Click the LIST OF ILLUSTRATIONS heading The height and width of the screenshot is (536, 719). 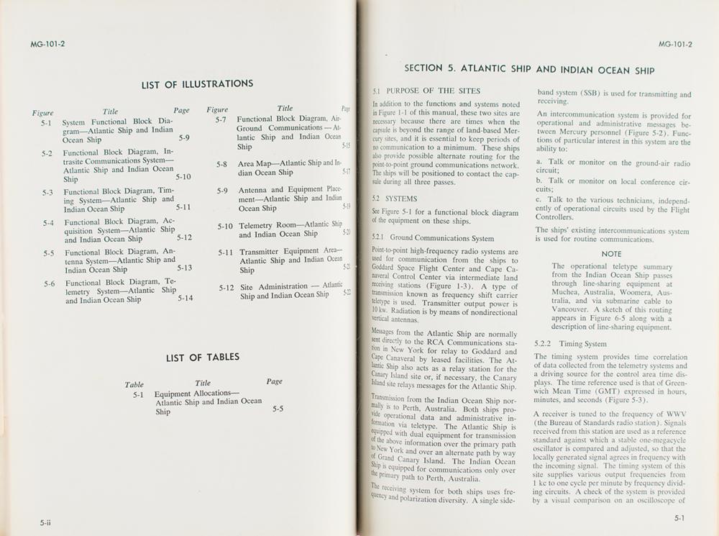pyautogui.click(x=197, y=84)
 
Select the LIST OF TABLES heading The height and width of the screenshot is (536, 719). pyautogui.click(x=203, y=358)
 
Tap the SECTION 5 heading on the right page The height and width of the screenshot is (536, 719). pyautogui.click(x=529, y=70)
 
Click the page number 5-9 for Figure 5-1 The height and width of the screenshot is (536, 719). pyautogui.click(x=184, y=137)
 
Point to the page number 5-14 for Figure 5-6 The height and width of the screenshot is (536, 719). pyautogui.click(x=185, y=298)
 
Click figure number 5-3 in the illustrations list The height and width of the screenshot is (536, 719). pyautogui.click(x=47, y=192)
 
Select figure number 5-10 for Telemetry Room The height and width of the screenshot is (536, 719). pyautogui.click(x=226, y=226)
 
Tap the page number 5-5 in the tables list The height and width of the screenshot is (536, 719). pyautogui.click(x=278, y=409)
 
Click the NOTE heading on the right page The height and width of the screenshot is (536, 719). pyautogui.click(x=611, y=254)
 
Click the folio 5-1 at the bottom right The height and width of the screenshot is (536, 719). pyautogui.click(x=679, y=517)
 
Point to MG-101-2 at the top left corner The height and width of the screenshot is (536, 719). pyautogui.click(x=47, y=44)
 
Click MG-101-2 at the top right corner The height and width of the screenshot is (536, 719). pyautogui.click(x=675, y=45)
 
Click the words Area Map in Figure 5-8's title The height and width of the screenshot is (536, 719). pyautogui.click(x=252, y=163)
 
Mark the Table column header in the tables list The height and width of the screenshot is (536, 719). pyautogui.click(x=134, y=385)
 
